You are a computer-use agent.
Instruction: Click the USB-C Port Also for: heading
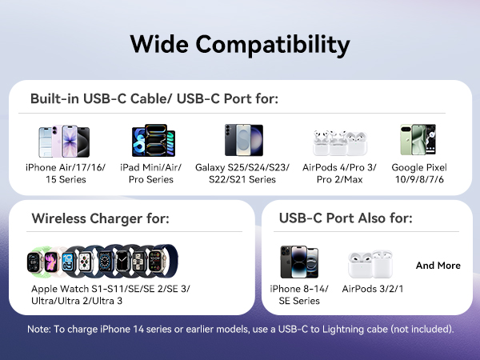coord(346,218)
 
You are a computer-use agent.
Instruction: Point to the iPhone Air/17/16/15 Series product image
coord(64,141)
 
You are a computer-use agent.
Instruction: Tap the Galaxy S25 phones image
coord(243,141)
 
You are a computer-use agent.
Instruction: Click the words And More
coord(438,265)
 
